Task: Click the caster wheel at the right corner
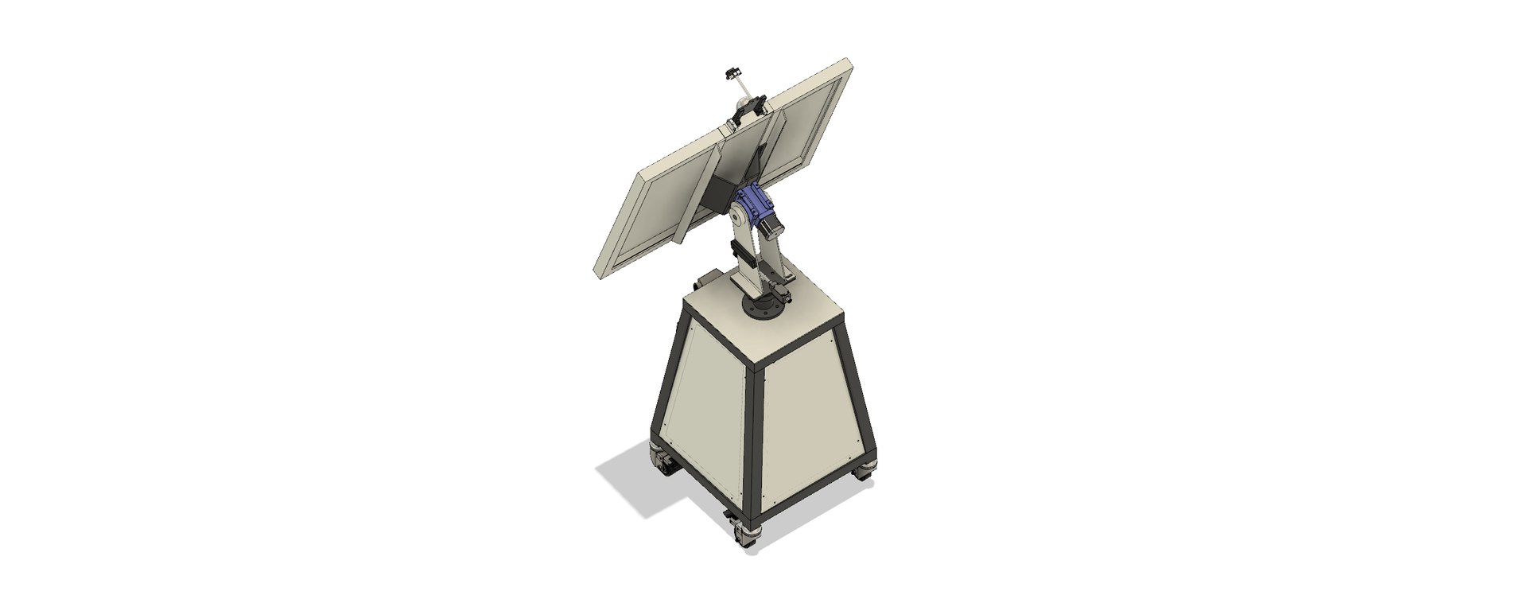point(865,473)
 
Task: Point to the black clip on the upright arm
point(189,256)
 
